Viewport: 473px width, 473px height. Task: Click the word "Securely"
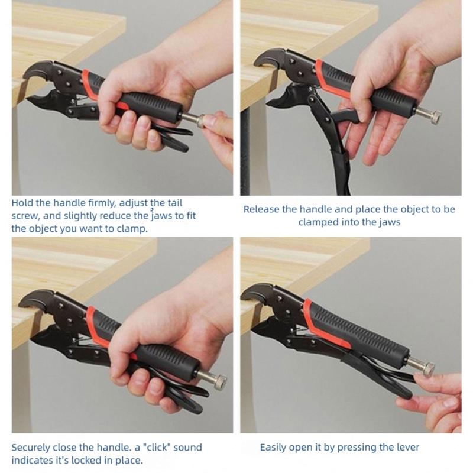click(34, 447)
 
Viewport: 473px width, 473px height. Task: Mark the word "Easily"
click(274, 447)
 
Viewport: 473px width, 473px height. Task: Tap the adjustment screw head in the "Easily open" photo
click(426, 369)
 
